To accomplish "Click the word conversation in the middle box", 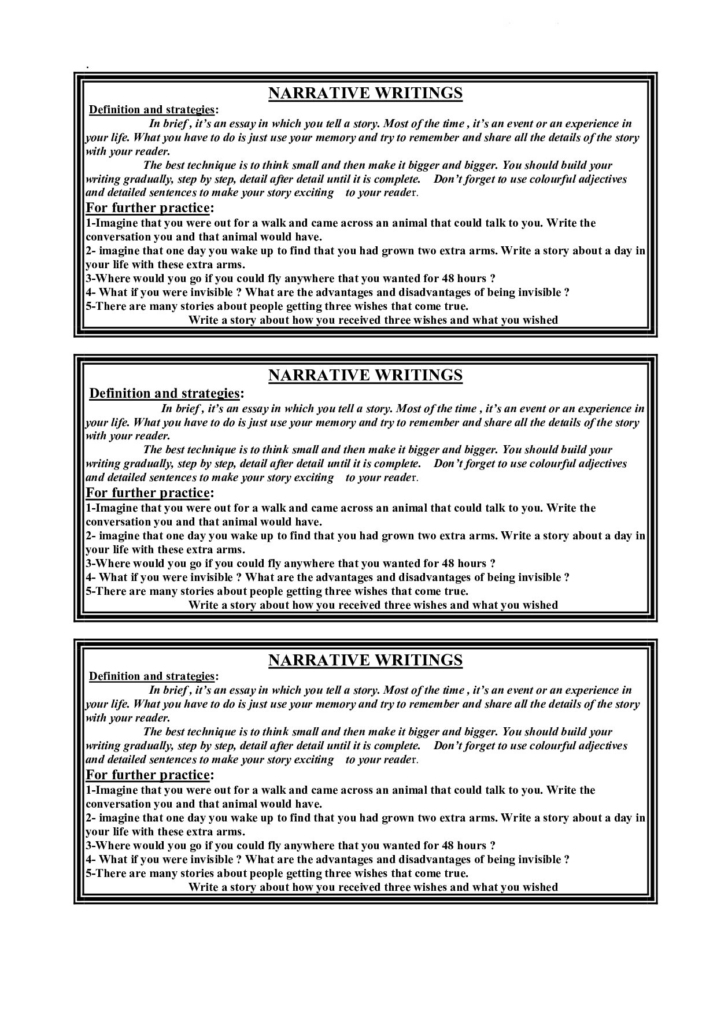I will pyautogui.click(x=121, y=522).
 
